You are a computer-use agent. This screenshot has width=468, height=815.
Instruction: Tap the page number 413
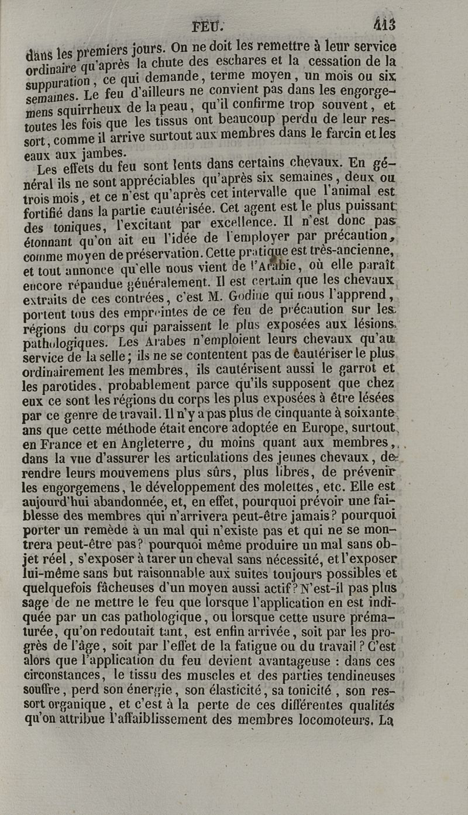(384, 25)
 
